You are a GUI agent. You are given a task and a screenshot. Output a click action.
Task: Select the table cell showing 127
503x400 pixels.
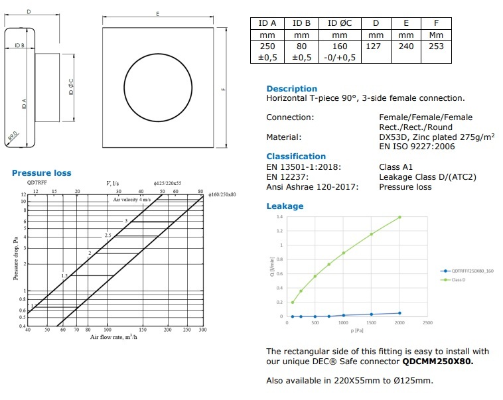pyautogui.click(x=376, y=46)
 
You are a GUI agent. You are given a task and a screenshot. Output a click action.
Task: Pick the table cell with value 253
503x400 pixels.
pyautogui.click(x=437, y=46)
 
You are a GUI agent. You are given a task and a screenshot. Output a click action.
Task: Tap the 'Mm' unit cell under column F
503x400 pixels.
pyautogui.click(x=437, y=34)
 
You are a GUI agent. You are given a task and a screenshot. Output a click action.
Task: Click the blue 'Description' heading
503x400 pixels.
pyautogui.click(x=291, y=88)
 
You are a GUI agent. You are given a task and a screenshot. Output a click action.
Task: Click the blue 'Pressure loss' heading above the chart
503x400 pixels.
pyautogui.click(x=41, y=173)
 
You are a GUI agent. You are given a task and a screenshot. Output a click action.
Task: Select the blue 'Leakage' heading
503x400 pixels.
pyautogui.click(x=285, y=206)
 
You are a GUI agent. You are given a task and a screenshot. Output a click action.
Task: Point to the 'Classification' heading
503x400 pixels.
pyautogui.click(x=296, y=157)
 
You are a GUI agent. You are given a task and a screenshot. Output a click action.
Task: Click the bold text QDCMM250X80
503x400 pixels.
pyautogui.click(x=438, y=362)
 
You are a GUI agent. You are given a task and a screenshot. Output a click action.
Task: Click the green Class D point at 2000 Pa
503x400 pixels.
pyautogui.click(x=399, y=217)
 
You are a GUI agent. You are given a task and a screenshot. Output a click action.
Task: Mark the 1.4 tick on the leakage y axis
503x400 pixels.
pyautogui.click(x=279, y=217)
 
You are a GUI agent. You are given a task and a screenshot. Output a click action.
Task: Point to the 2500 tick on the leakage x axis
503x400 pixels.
pyautogui.click(x=427, y=323)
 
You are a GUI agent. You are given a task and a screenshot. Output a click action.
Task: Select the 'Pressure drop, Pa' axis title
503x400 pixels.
pyautogui.click(x=15, y=259)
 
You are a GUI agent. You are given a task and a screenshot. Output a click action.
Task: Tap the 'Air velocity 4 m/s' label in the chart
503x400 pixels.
pyautogui.click(x=132, y=200)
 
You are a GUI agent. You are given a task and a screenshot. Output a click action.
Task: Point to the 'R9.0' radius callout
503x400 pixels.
pyautogui.click(x=13, y=139)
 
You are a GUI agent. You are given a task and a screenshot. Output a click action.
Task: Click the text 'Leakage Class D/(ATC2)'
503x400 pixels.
pyautogui.click(x=427, y=177)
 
